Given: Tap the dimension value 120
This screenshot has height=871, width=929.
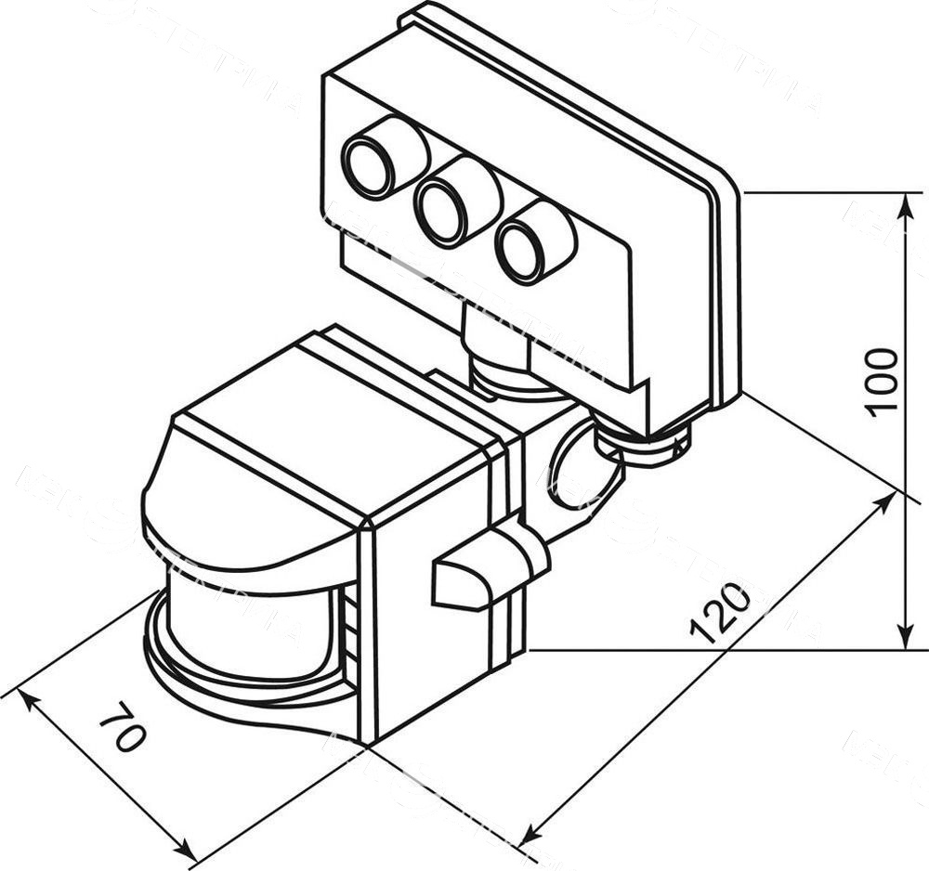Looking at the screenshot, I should click(720, 613).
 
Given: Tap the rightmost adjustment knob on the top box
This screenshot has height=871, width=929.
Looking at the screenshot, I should click(522, 249).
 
